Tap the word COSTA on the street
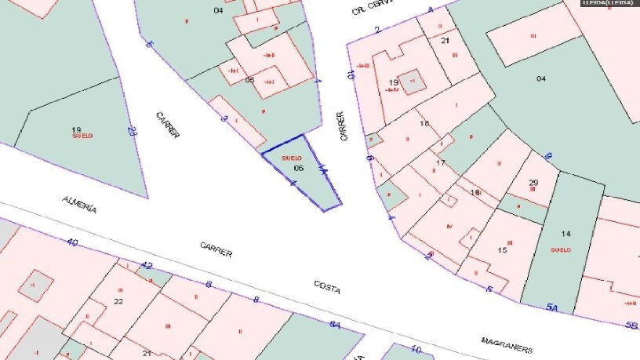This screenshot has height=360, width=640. (326, 287)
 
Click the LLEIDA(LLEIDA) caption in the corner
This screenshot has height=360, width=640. (609, 4)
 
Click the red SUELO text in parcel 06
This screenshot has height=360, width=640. (291, 158)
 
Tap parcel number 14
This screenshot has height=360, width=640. (566, 234)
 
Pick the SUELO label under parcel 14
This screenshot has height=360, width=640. (560, 250)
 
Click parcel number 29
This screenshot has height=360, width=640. (533, 184)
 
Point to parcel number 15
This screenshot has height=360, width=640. (503, 250)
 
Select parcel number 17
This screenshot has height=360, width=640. (441, 163)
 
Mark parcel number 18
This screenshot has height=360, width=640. (424, 124)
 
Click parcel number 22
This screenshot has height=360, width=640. (118, 301)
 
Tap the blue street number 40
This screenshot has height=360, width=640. (72, 242)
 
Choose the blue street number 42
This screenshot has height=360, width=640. (146, 265)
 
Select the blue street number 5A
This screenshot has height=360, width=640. (551, 307)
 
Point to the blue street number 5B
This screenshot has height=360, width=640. (630, 325)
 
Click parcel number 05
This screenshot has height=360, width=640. (249, 80)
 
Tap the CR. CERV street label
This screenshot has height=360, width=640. (370, 8)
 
